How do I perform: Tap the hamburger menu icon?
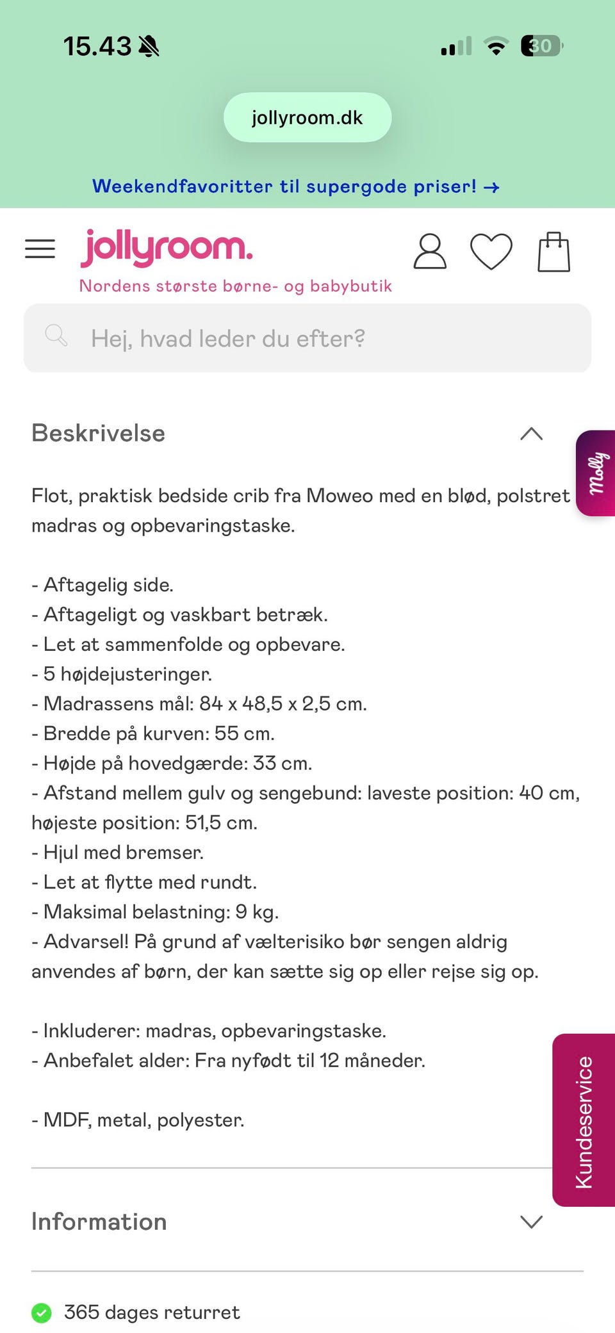pos(40,249)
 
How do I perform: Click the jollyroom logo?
pos(167,248)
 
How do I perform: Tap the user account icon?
pos(429,251)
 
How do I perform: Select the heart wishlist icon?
pos(491,251)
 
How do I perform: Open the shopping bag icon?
pos(553,252)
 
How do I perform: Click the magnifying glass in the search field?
pos(56,336)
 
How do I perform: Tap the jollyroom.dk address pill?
pos(307,118)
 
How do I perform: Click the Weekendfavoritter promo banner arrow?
pos(491,188)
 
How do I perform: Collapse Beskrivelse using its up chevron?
pos(531,434)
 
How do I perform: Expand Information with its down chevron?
pos(531,1222)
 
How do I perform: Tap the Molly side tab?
pos(596,473)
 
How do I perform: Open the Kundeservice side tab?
pos(584,1120)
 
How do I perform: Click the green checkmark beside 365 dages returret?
pos(42,1313)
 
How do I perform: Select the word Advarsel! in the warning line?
pos(86,942)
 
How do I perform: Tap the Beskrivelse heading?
pos(99,434)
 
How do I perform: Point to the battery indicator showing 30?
pos(541,46)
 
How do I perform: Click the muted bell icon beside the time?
pos(149,46)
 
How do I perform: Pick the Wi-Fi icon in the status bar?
pos(496,46)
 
